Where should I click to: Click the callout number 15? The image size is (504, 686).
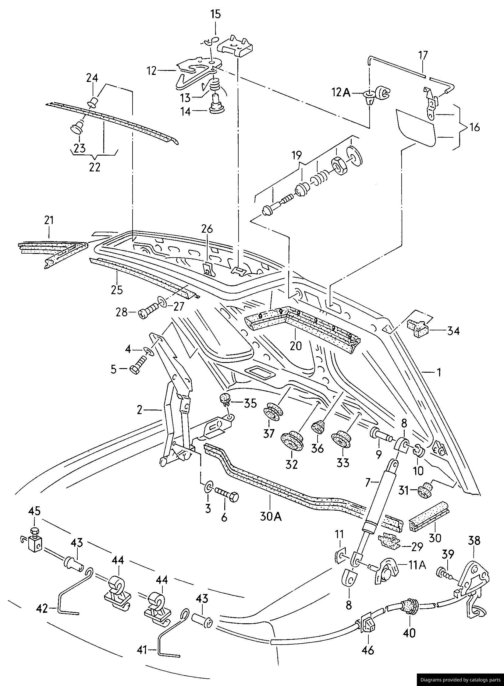pyautogui.click(x=215, y=14)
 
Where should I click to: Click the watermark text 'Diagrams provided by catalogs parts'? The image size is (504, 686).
pyautogui.click(x=460, y=680)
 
